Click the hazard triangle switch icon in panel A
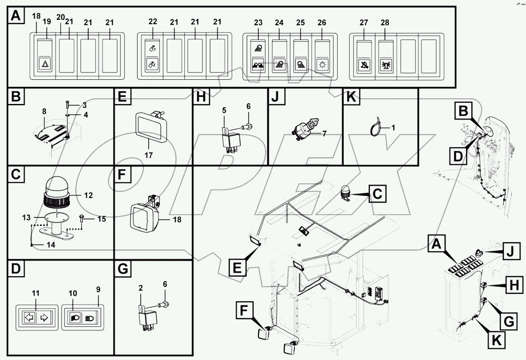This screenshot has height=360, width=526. pyautogui.click(x=44, y=64)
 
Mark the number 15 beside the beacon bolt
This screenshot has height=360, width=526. pyautogui.click(x=102, y=219)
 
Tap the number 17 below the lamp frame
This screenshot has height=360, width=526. pyautogui.click(x=148, y=156)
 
